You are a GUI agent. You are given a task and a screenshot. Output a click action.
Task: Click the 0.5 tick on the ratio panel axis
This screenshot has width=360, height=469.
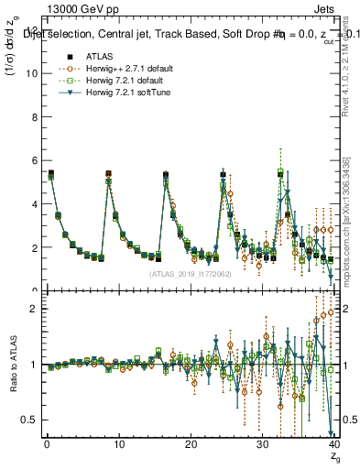click(28, 420)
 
